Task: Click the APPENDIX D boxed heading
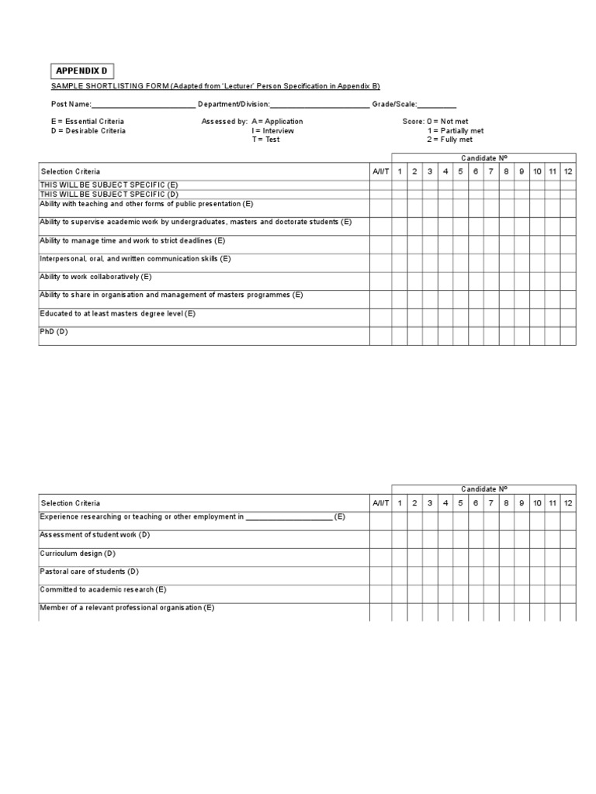(82, 71)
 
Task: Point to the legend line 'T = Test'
(265, 140)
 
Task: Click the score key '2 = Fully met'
(449, 140)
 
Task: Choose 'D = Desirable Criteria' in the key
(88, 131)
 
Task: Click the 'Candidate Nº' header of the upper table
(483, 158)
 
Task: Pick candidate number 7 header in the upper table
(491, 171)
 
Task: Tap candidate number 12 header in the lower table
(568, 503)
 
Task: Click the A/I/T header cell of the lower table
(380, 503)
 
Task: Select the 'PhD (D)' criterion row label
(54, 332)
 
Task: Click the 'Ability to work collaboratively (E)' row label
(95, 277)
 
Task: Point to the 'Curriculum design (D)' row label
(78, 554)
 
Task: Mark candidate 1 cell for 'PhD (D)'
(400, 336)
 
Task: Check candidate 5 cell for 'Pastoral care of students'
(460, 576)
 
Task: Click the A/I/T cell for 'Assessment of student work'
(380, 540)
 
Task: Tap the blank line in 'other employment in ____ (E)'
(289, 517)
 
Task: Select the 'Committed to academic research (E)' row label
(103, 589)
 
